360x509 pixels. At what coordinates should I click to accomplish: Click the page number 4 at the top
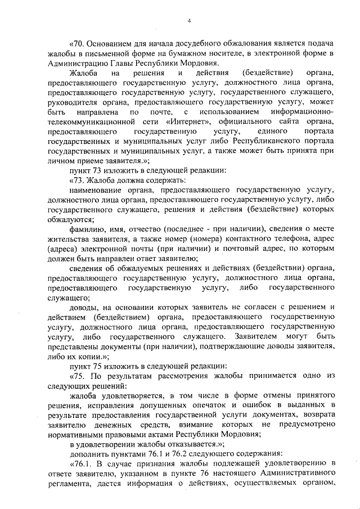click(x=190, y=21)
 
